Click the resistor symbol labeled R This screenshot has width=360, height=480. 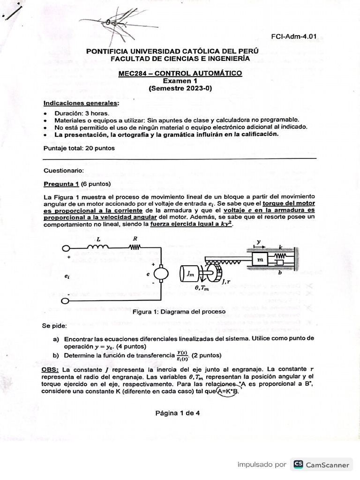135,247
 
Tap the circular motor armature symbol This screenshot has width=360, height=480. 161,273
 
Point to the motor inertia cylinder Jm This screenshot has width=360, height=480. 189,274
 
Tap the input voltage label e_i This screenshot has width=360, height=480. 67,277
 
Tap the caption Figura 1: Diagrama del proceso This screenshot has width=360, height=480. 180,311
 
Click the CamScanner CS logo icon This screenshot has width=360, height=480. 298,465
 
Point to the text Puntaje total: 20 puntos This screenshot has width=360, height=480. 79,148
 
